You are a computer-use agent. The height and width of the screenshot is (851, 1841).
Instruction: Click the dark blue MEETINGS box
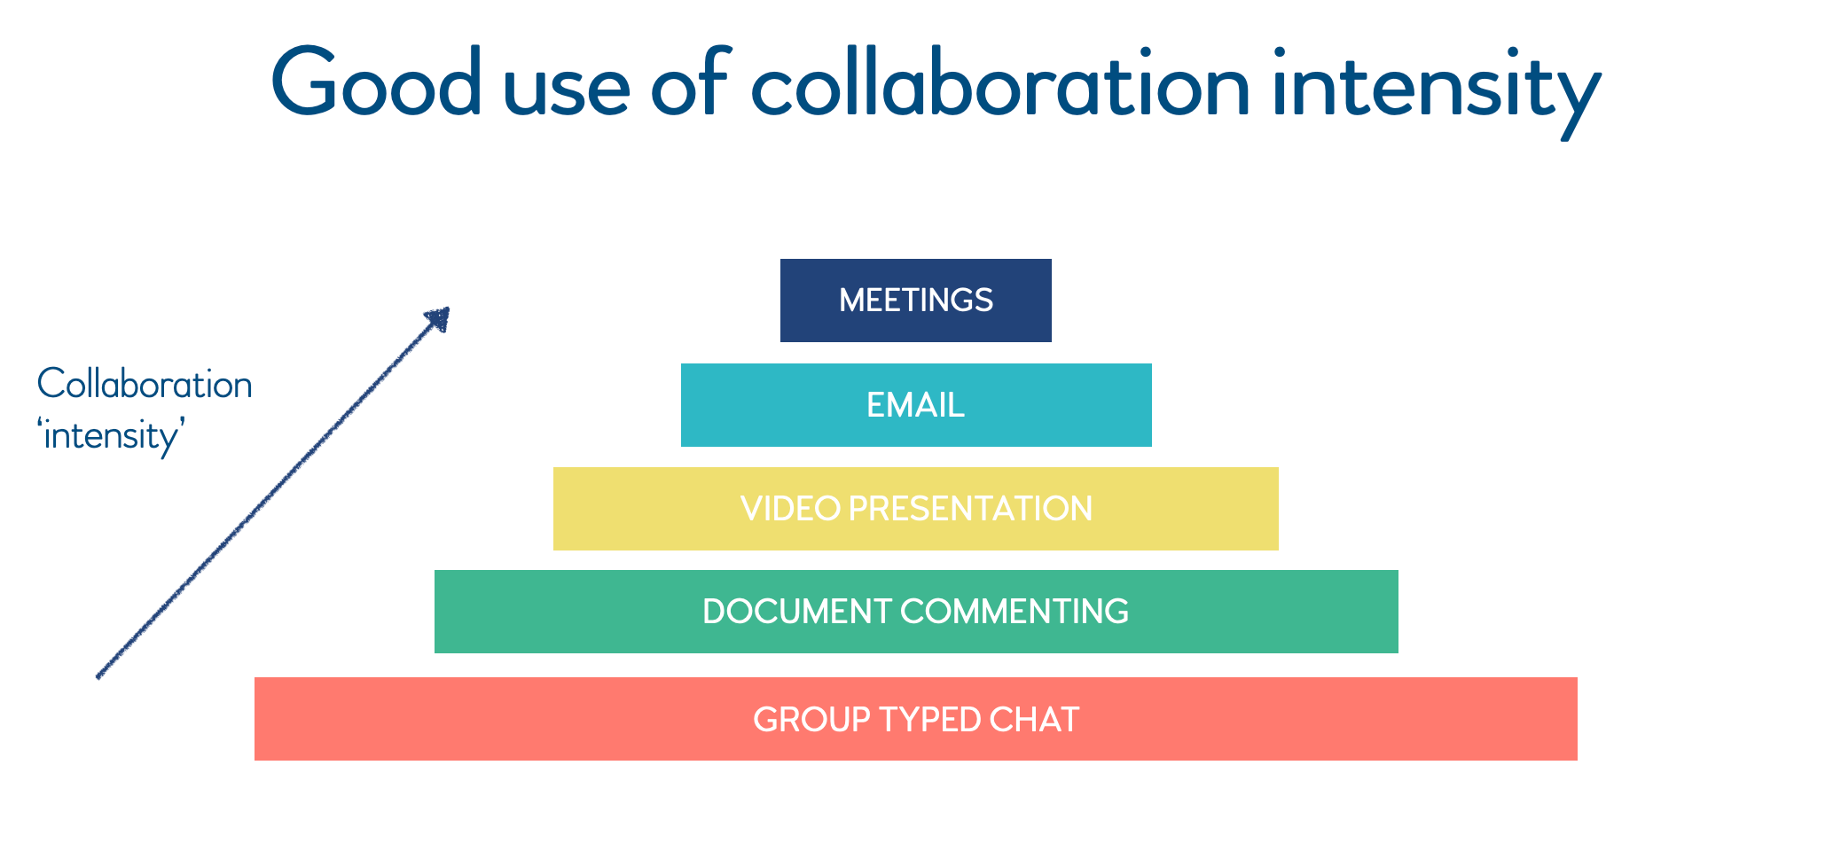point(915,301)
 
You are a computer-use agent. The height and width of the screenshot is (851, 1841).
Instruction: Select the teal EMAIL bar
point(915,405)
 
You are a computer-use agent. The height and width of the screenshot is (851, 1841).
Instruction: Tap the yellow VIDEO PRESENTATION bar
point(915,509)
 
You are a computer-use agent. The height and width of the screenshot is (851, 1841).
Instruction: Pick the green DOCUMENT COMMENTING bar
point(915,612)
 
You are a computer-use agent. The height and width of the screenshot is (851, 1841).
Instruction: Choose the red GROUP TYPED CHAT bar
point(915,719)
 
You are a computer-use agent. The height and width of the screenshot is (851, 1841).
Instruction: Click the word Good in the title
point(376,84)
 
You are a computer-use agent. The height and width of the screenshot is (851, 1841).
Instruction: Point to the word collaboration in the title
point(1000,84)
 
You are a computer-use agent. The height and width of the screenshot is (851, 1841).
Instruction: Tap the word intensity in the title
point(1436,89)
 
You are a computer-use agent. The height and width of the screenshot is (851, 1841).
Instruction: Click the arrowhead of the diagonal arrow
point(439,318)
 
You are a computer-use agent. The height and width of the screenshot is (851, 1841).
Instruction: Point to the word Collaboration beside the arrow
point(145,385)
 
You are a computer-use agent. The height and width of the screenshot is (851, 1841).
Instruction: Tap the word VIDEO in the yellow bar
point(790,509)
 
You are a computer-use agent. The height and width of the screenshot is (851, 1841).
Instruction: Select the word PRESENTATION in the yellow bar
point(970,509)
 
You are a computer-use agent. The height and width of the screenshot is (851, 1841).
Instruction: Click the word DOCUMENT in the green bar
point(796,612)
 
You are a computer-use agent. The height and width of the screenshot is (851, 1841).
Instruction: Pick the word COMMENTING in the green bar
point(1015,612)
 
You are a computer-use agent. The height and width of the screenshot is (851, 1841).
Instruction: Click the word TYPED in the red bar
point(928,719)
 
